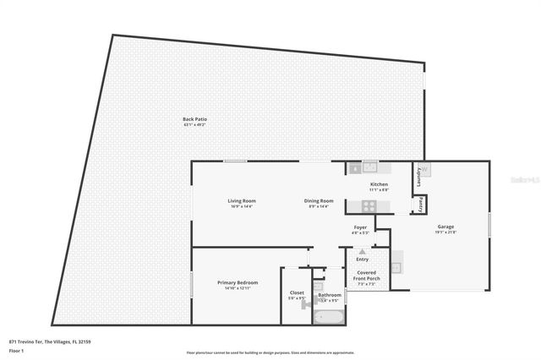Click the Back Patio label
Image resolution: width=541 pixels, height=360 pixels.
tap(194, 119)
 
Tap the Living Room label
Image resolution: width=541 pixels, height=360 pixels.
tap(242, 200)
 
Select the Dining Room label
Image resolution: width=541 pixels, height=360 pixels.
tap(319, 200)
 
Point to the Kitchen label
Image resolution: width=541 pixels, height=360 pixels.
tap(379, 184)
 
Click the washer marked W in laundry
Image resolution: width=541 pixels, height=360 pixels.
tap(425, 169)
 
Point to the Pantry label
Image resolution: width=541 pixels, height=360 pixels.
tap(418, 204)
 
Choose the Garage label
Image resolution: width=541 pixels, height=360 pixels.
tap(445, 226)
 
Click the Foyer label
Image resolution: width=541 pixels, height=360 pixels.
tap(360, 226)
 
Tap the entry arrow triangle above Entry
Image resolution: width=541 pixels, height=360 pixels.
tap(363, 252)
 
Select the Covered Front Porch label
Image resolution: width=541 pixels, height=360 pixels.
tap(367, 275)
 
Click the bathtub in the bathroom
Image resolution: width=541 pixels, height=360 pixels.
tap(328, 317)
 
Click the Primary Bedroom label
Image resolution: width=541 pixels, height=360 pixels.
tap(237, 282)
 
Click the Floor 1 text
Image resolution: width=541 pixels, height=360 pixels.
tap(16, 349)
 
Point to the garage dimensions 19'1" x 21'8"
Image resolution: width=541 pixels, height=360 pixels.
tap(445, 232)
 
